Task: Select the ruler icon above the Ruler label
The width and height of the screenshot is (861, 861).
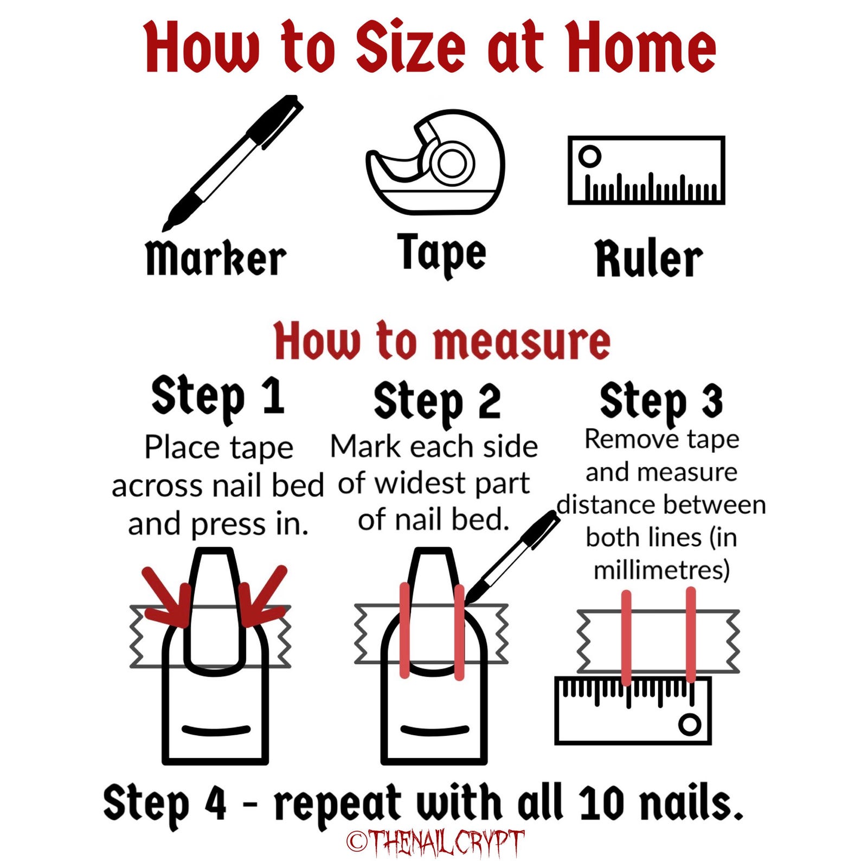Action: pyautogui.click(x=646, y=170)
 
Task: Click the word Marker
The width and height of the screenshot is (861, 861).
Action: pyautogui.click(x=216, y=258)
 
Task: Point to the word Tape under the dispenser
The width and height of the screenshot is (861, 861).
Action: pyautogui.click(x=441, y=255)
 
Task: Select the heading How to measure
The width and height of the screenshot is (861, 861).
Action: pyautogui.click(x=442, y=341)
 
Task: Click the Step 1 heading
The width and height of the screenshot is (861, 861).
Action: pyautogui.click(x=217, y=397)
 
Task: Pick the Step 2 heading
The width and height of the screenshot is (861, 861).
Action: pyautogui.click(x=437, y=402)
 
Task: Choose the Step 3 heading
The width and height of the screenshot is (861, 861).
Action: pyautogui.click(x=661, y=402)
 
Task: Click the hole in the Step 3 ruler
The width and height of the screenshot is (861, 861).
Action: pyautogui.click(x=690, y=724)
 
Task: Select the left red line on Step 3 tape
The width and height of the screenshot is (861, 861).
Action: pyautogui.click(x=626, y=639)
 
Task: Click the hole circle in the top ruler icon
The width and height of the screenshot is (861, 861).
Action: pyautogui.click(x=590, y=157)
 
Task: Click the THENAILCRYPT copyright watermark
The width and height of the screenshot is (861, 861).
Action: pyautogui.click(x=435, y=843)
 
